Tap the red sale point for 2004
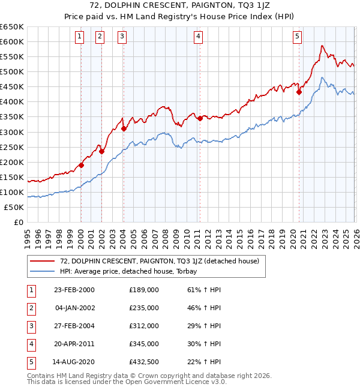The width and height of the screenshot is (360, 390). [124, 128]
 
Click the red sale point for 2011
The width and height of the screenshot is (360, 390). [199, 118]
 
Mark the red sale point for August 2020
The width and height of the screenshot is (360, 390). [298, 92]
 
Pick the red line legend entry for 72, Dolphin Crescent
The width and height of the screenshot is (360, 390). [159, 261]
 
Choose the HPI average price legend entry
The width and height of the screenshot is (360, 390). [133, 271]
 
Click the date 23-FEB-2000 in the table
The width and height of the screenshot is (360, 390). [74, 290]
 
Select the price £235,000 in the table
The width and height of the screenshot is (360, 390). [144, 308]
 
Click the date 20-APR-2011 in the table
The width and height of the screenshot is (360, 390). [74, 344]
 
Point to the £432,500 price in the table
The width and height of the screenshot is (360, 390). [144, 362]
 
